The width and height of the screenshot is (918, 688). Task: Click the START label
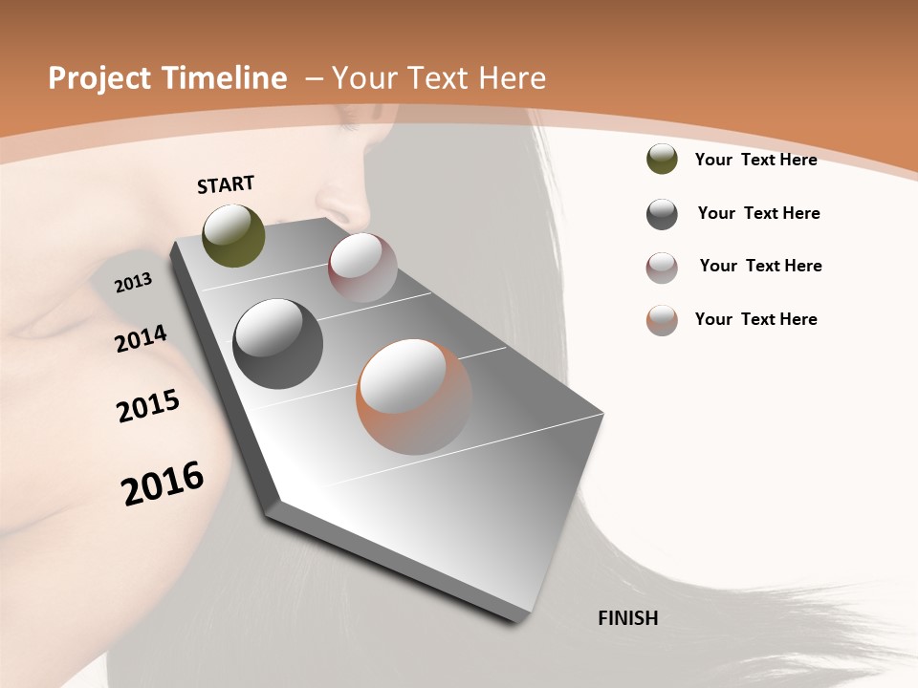tap(226, 184)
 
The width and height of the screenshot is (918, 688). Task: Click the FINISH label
tap(627, 618)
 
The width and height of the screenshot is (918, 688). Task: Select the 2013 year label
tap(133, 282)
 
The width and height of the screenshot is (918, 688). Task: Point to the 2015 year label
tap(148, 406)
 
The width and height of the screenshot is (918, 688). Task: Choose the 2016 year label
tap(163, 484)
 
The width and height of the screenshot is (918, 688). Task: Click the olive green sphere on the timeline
tap(234, 236)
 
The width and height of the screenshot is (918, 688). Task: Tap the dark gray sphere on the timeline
tap(277, 344)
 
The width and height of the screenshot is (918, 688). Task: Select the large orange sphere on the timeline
tap(414, 397)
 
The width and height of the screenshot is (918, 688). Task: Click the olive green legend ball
tap(662, 160)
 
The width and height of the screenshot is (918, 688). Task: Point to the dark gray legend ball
tap(662, 214)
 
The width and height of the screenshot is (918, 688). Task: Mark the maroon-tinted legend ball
tap(662, 268)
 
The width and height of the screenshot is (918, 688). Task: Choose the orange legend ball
tap(662, 320)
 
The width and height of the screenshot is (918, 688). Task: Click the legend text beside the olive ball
tap(755, 160)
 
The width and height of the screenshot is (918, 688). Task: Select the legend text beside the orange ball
tap(755, 319)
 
